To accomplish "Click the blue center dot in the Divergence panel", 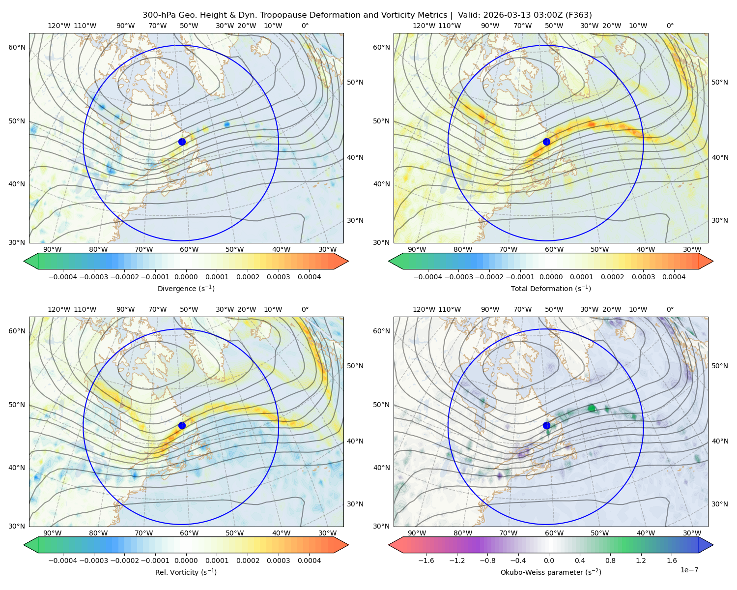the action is click(182, 142).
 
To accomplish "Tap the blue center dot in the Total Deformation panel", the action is click(546, 142).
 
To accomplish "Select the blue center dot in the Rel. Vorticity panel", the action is click(182, 425).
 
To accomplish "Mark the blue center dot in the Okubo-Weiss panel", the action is click(546, 425).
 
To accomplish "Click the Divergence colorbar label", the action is click(186, 289).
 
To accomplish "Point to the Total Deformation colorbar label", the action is click(551, 289).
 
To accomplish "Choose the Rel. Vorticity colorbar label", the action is click(186, 572).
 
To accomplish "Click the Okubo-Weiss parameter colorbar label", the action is click(551, 572).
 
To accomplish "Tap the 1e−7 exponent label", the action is click(689, 570).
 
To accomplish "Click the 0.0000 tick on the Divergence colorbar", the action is click(186, 277).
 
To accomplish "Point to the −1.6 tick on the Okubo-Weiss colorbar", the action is click(426, 560).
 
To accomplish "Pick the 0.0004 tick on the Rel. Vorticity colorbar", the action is click(309, 560).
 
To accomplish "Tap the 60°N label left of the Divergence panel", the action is click(17, 47).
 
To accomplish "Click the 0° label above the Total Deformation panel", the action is click(670, 26).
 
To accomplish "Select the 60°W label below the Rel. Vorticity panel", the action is click(189, 533).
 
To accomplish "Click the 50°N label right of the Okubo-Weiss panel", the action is click(720, 366).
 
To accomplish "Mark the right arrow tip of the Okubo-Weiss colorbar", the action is click(713, 545).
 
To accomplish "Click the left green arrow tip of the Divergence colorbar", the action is click(24, 261).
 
